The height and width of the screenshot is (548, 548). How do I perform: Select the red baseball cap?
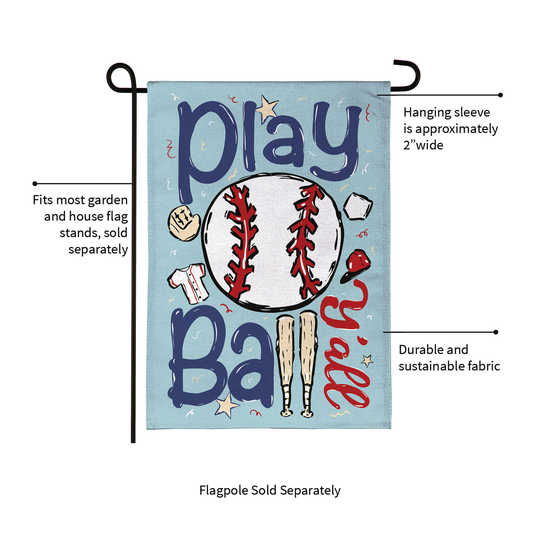point(356,265)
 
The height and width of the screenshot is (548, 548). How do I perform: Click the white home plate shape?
point(358,207)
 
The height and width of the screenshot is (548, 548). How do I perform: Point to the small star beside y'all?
point(367,360)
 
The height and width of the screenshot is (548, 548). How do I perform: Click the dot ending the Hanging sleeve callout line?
point(500,95)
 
